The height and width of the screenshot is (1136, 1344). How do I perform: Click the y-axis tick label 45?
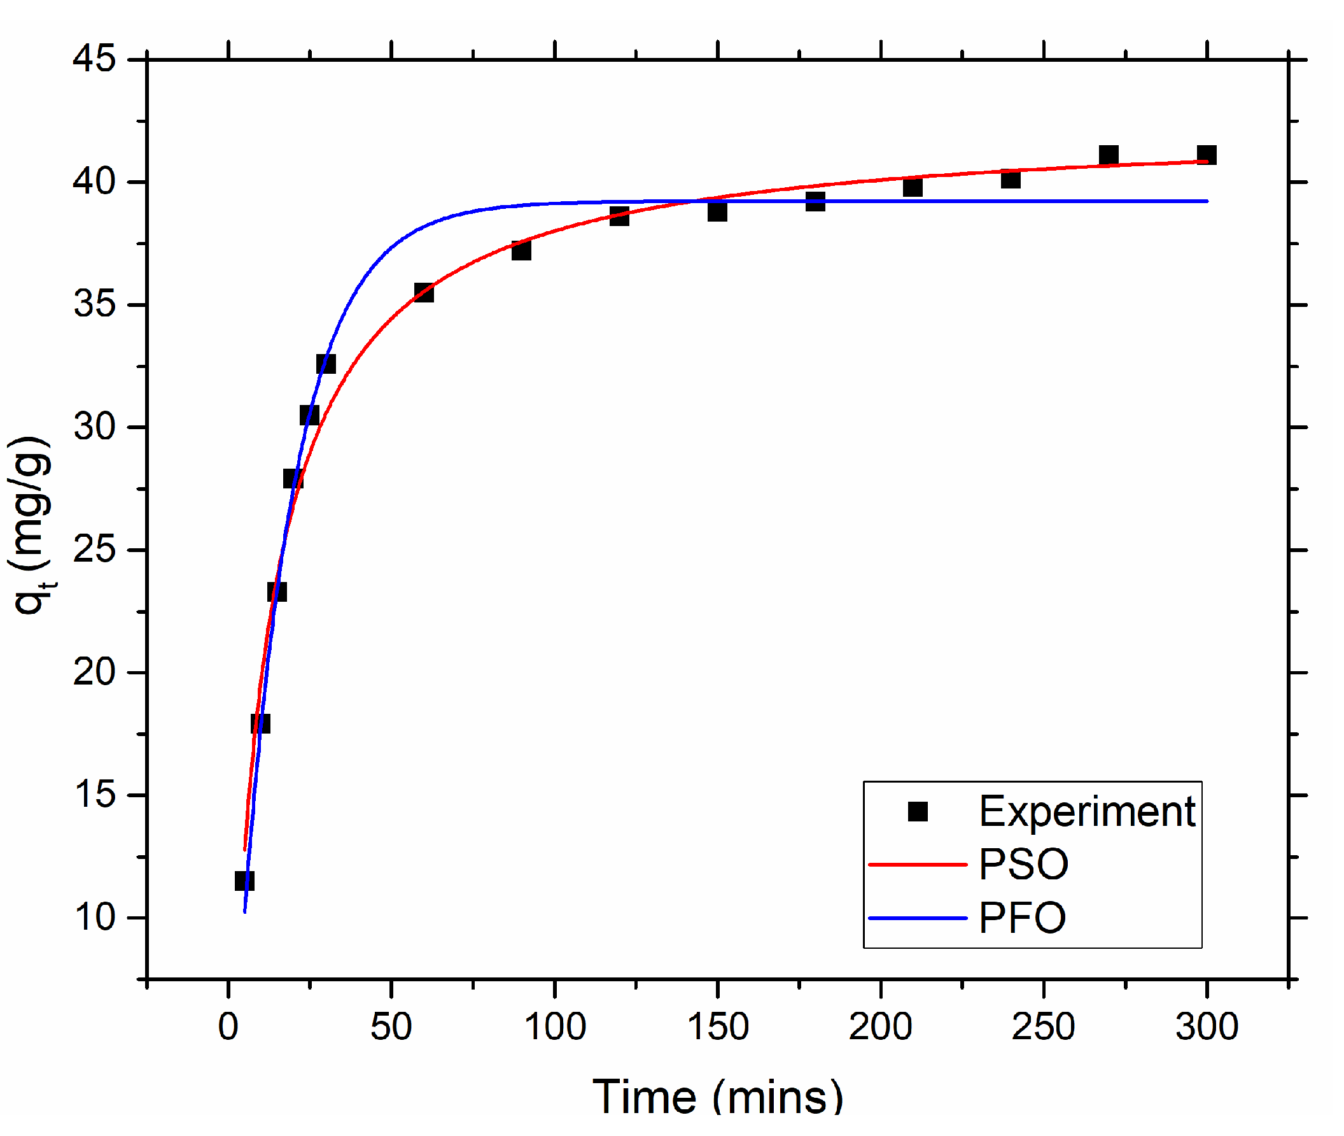coord(94,59)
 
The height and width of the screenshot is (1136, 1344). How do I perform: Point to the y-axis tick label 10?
coord(94,917)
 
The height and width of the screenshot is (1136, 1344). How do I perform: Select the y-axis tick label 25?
coord(94,550)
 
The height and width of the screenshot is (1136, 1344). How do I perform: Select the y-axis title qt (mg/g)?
coord(31,525)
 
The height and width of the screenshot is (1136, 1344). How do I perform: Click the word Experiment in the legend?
coord(1087,811)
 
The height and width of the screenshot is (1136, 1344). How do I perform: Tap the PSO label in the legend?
coord(1023,864)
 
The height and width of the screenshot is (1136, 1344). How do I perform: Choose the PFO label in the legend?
coord(1022,918)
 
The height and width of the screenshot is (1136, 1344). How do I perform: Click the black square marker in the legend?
coord(918,811)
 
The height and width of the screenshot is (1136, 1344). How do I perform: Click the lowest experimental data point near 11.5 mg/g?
coord(244,880)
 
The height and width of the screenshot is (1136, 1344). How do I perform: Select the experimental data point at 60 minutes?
coord(424,292)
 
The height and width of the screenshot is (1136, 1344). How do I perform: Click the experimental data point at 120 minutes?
coord(619,216)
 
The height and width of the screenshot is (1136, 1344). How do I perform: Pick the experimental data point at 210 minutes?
coord(913,187)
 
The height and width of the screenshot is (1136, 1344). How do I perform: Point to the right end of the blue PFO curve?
coord(1207,201)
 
